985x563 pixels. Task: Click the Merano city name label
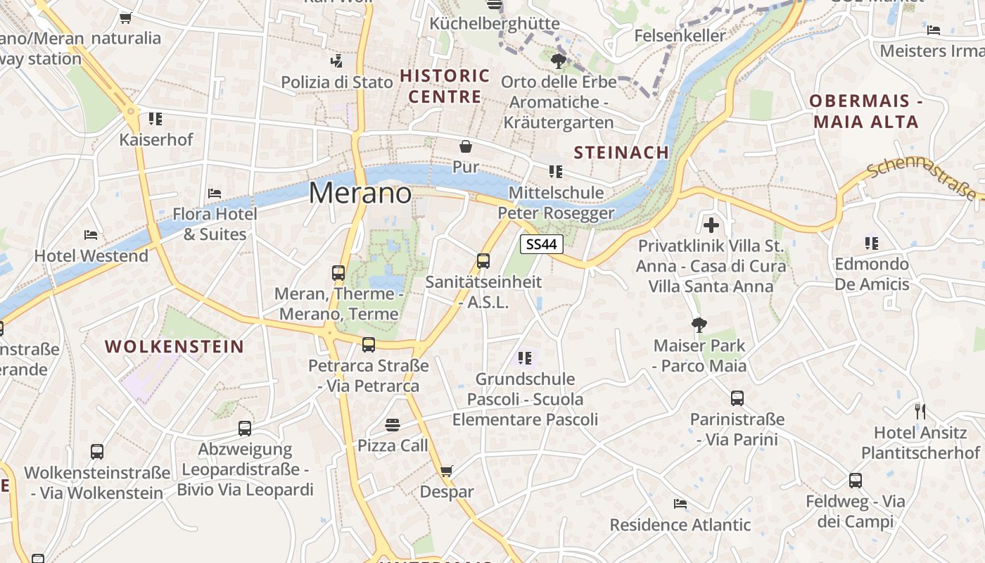point(360,193)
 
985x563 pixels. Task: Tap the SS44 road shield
point(542,244)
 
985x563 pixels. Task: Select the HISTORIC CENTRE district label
point(445,86)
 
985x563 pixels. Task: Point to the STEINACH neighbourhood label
point(621,153)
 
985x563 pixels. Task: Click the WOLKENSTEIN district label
point(174,346)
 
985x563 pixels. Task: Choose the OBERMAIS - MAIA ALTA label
point(865,111)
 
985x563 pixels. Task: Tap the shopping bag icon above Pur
point(465,146)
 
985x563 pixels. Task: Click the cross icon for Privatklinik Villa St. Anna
point(711,225)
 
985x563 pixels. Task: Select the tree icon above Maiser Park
point(699,324)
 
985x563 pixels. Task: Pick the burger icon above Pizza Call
point(393,424)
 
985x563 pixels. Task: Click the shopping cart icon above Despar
point(446,471)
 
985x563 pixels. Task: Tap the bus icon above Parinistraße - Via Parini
point(737,398)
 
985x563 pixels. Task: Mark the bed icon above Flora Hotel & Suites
point(215,193)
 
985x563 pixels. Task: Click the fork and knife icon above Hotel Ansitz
point(920,411)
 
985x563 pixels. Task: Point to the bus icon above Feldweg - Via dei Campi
point(855,481)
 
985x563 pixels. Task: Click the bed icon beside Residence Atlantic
point(680,504)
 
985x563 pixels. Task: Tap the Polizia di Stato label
point(337,82)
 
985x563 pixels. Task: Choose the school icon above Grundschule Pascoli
point(524,358)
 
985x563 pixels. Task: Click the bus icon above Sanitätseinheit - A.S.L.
point(483,261)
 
